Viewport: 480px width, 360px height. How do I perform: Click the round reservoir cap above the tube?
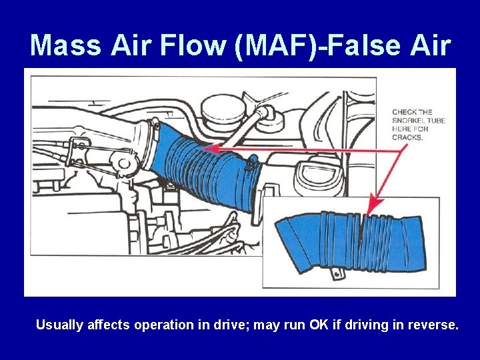pyautogui.click(x=223, y=108)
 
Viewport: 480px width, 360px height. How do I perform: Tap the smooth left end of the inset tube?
pyautogui.click(x=293, y=240)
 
